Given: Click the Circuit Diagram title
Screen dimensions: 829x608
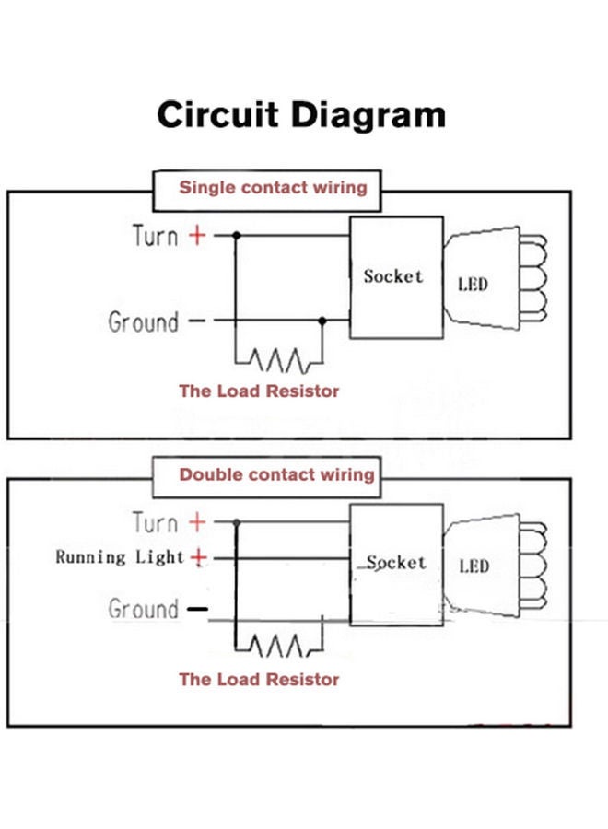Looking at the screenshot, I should pos(301,116).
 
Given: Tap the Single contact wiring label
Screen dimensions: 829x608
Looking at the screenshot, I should pos(273,188).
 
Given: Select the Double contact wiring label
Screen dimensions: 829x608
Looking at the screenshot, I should pos(276,475).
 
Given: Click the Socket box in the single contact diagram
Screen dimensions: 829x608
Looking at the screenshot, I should pos(393,277).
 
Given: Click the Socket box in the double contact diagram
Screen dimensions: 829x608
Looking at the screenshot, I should pos(395,563).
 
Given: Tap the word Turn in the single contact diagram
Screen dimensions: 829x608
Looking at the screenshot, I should pos(156,236).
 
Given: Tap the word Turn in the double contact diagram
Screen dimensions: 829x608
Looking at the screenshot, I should pos(156,523).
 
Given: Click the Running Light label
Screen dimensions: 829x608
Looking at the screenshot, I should pos(120,557).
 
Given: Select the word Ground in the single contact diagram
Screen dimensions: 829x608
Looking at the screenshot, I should pos(144,322).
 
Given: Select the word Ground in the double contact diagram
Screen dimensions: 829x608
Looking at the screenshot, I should pos(144,609).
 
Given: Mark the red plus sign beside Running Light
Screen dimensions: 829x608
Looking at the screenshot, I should pos(198,557).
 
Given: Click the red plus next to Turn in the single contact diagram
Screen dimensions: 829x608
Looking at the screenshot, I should pos(197,236).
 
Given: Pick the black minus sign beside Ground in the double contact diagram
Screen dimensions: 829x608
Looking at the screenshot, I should pos(197,610).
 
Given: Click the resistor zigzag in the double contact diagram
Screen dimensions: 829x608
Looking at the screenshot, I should pos(276,646).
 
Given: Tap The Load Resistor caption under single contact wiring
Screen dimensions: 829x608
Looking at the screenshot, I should pos(259,391).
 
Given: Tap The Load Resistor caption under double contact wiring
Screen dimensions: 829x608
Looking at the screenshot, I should pos(259,680).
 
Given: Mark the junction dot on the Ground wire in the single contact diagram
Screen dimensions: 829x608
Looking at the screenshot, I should pos(322,321).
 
